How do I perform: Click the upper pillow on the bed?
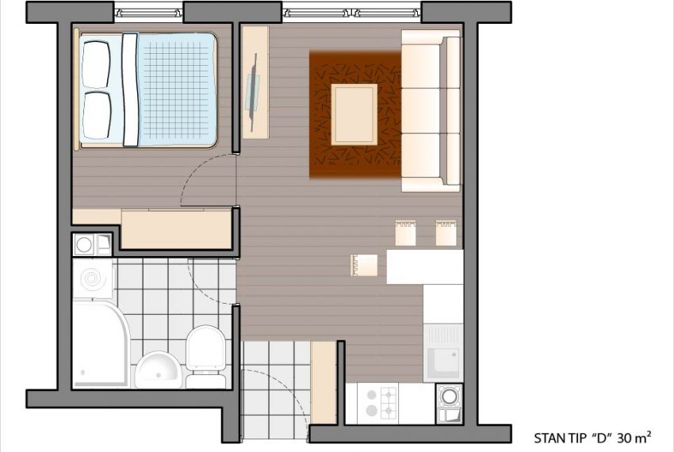[x=96, y=64]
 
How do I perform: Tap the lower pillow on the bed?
[x=97, y=115]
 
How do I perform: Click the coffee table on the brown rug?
[x=354, y=114]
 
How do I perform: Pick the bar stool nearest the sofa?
[x=446, y=232]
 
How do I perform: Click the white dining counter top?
[x=425, y=266]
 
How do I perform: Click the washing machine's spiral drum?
[x=92, y=279]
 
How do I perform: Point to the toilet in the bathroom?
[x=206, y=357]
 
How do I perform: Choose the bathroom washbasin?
[x=158, y=370]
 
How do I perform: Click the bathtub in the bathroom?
[x=101, y=344]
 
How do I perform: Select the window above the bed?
[x=149, y=12]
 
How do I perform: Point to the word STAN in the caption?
[x=549, y=439]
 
